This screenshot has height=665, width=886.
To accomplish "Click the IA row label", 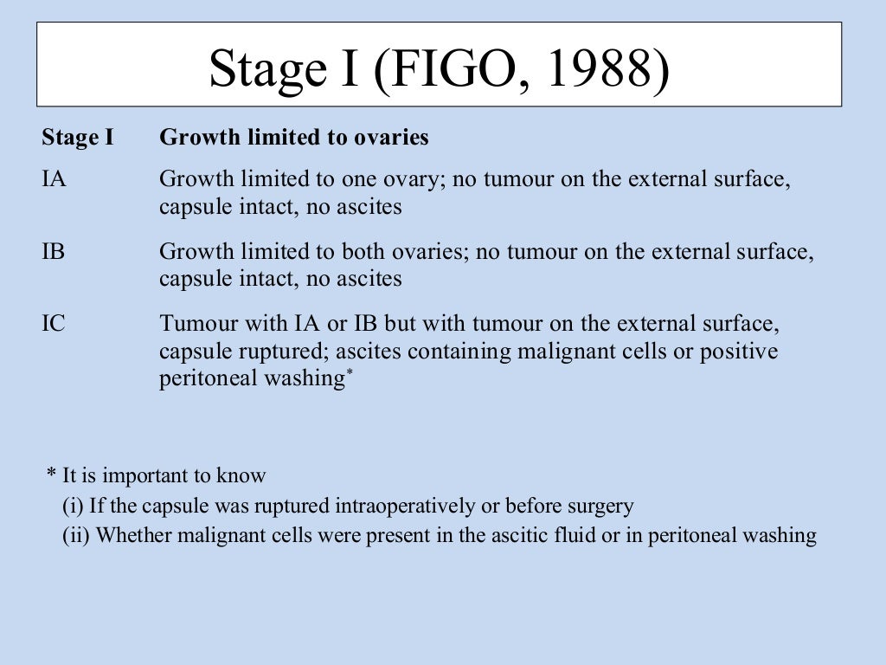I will point(54,180).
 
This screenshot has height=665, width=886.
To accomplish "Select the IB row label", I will point(53,252).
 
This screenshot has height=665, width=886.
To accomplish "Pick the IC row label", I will point(54,324).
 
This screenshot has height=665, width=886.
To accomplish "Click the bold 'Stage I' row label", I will point(77,138).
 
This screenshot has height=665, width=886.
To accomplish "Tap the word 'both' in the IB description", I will point(350,252).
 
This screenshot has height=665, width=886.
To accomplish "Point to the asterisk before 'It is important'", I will point(52,475).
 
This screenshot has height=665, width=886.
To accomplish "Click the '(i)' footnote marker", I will point(74,506).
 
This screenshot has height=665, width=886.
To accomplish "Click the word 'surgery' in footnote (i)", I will point(600,506).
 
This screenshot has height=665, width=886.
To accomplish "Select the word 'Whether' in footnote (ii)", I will point(134,535).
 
